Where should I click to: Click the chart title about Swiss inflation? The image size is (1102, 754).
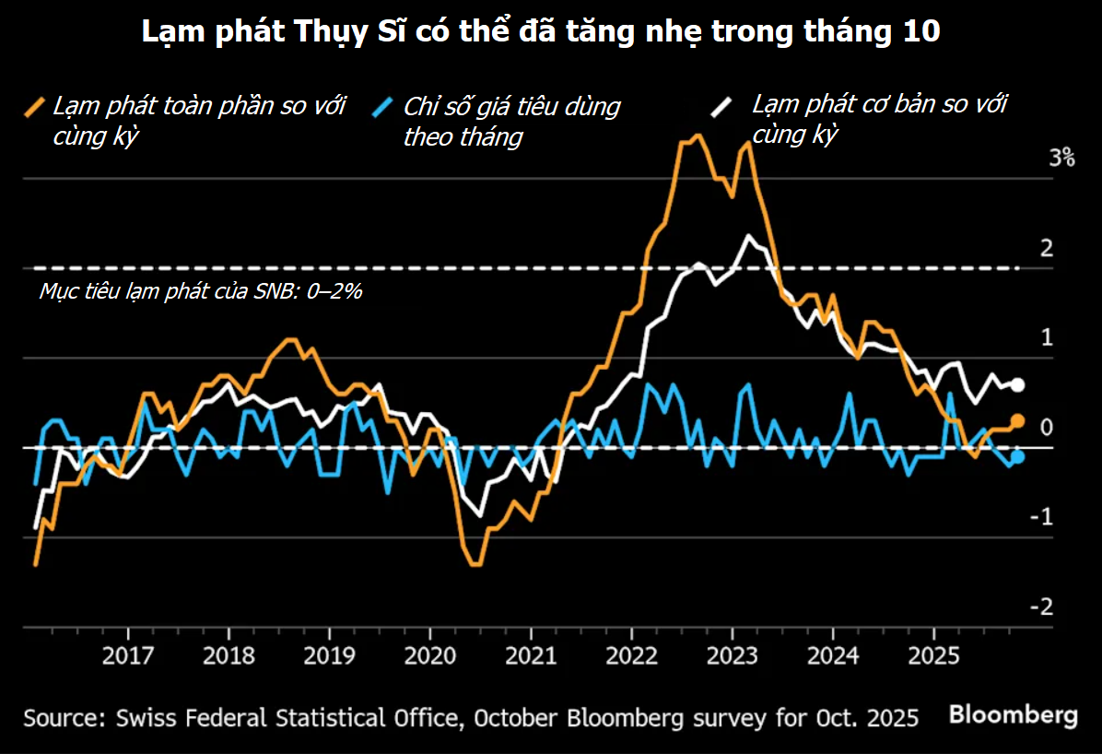point(541,33)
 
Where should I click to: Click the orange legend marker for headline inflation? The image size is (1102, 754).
point(36,106)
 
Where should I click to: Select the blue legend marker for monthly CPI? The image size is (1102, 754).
point(386,107)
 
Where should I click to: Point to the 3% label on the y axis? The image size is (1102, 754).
point(1061,158)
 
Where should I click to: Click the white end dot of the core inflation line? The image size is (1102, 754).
point(1018,385)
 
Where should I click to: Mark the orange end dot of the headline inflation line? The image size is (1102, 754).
point(1018,421)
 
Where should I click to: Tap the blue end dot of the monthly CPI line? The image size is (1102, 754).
point(1018,456)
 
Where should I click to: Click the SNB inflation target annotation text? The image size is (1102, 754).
point(201,291)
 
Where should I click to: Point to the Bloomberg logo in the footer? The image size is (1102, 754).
point(1014,714)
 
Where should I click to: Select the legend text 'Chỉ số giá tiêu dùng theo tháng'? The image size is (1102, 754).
point(511,121)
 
